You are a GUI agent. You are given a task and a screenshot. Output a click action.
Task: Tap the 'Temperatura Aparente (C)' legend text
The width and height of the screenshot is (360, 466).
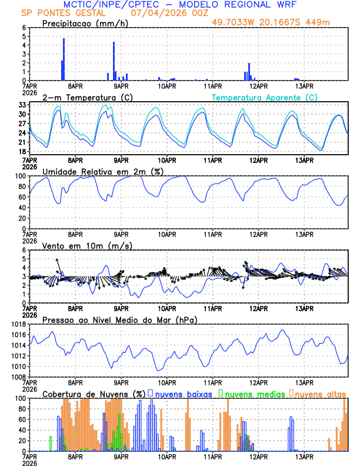pyautogui.click(x=265, y=97)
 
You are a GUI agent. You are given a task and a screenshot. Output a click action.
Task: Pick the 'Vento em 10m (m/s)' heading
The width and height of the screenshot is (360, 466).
pyautogui.click(x=79, y=245)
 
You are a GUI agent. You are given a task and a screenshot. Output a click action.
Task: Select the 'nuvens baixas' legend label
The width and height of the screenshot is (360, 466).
pyautogui.click(x=183, y=394)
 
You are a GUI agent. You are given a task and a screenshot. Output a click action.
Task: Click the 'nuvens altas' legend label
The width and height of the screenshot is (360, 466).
pyautogui.click(x=321, y=394)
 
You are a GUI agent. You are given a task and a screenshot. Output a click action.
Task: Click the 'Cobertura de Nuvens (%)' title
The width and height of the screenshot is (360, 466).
pyautogui.click(x=92, y=394)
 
